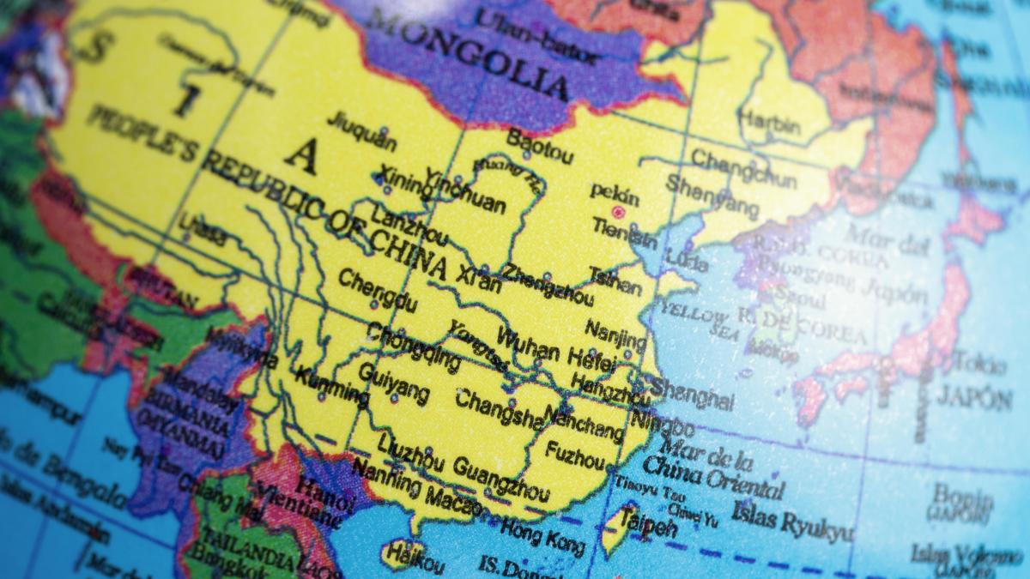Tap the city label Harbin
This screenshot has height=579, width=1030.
(x=769, y=123)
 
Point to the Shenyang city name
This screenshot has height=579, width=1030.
(x=712, y=196)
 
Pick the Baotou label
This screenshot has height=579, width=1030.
(x=539, y=147)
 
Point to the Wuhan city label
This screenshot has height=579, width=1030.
(x=528, y=345)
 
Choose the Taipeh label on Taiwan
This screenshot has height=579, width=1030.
(x=648, y=523)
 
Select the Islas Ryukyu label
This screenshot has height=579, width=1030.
(x=792, y=522)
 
